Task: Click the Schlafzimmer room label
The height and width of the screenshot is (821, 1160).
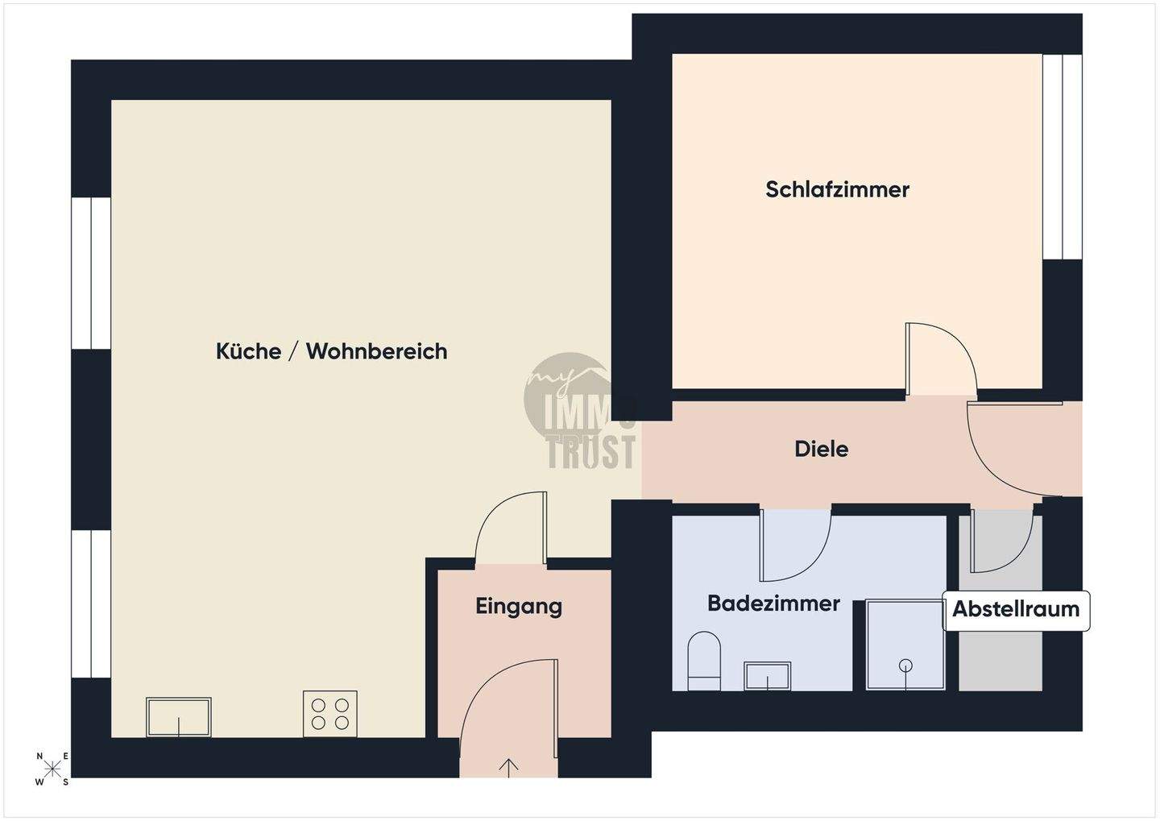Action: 837,189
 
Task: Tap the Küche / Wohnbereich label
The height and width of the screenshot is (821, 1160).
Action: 331,351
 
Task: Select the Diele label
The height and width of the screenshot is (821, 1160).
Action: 821,449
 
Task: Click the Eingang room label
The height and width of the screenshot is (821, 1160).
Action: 519,606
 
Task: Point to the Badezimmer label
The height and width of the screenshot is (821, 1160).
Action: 773,603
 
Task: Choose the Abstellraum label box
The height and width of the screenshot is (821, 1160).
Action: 1016,609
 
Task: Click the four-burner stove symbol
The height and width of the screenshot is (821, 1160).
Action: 330,713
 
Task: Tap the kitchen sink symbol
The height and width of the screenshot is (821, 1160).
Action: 179,716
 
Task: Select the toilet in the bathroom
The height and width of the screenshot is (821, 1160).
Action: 704,661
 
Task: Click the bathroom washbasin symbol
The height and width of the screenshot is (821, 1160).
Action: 767,676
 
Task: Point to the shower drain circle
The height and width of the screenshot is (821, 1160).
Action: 905,666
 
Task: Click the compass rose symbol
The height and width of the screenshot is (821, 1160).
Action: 52,769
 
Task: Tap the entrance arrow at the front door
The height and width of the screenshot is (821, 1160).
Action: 509,767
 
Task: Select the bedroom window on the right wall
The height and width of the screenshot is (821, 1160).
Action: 1063,156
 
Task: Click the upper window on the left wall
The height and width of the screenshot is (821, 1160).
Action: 91,273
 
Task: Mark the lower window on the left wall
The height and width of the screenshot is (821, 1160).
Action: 91,603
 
